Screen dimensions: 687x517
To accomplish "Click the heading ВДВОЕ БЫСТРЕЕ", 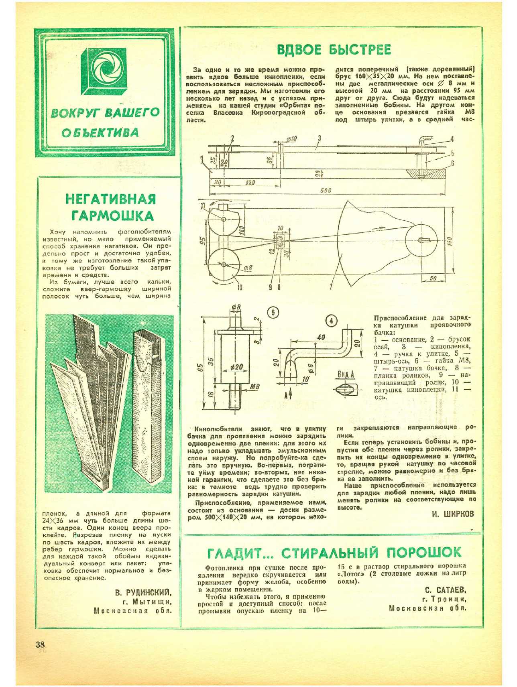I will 334,49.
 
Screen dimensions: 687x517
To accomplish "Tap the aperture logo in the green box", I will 105,71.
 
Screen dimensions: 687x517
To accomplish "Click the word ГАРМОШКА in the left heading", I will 112,216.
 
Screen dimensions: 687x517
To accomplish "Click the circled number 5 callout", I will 273,313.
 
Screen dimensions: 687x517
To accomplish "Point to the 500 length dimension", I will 326,191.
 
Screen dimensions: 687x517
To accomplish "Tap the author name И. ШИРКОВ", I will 453,514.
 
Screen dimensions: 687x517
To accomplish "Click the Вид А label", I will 345,374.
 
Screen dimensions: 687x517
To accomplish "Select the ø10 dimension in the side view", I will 292,139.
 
